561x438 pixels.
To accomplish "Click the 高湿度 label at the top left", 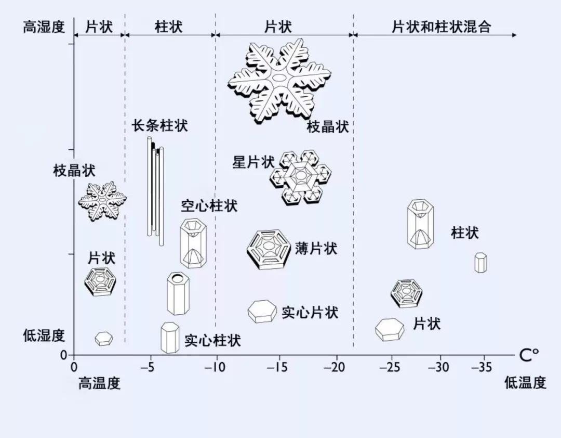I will (x=44, y=27).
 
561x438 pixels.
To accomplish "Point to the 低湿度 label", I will (x=44, y=336).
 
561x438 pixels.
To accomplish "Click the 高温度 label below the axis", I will (x=99, y=384).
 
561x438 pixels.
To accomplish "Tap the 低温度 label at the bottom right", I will (x=525, y=383).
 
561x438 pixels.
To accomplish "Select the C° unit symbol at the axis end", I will (x=529, y=355).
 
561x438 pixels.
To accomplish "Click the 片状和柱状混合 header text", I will (x=441, y=27).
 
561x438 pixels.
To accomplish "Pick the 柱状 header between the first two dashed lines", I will (x=169, y=27).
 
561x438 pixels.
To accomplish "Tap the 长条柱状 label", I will (x=159, y=125).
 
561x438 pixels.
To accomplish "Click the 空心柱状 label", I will (x=209, y=206).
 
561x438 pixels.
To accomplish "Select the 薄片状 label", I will (x=316, y=248).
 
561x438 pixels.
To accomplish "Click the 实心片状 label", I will (x=310, y=313).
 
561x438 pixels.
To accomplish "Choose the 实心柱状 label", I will (x=212, y=341).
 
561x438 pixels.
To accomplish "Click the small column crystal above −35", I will (x=480, y=263).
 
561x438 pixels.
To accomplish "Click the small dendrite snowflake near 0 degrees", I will (x=102, y=200).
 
